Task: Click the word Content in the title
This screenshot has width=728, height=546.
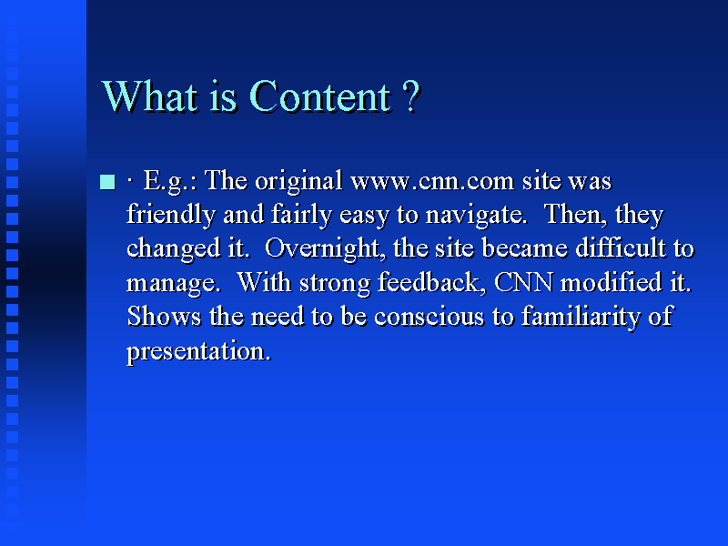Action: (320, 96)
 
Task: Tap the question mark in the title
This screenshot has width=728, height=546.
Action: (411, 96)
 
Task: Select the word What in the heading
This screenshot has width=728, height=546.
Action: (149, 96)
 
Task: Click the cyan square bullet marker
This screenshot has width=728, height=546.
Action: (107, 181)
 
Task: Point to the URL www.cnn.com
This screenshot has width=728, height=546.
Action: (432, 181)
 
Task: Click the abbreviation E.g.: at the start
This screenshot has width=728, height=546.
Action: (170, 181)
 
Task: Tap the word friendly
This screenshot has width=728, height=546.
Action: (171, 216)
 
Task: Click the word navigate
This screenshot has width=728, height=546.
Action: (476, 216)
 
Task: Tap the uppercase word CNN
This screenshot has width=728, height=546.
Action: (524, 282)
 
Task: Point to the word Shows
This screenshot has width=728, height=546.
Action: (164, 317)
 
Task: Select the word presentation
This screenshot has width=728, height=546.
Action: (198, 352)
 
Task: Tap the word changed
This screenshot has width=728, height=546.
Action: (173, 249)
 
